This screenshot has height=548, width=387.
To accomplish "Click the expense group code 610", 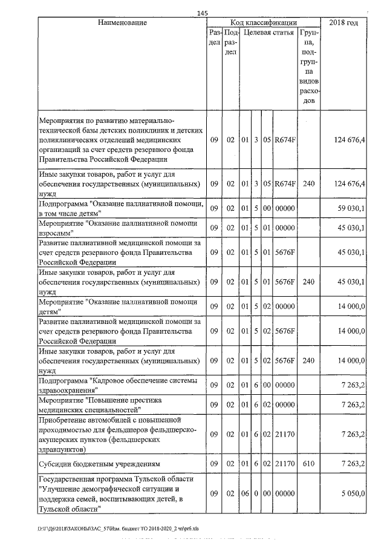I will [x=308, y=464].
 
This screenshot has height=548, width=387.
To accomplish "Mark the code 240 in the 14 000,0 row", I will [x=308, y=360].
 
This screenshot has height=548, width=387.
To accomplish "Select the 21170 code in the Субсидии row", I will [x=284, y=464].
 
